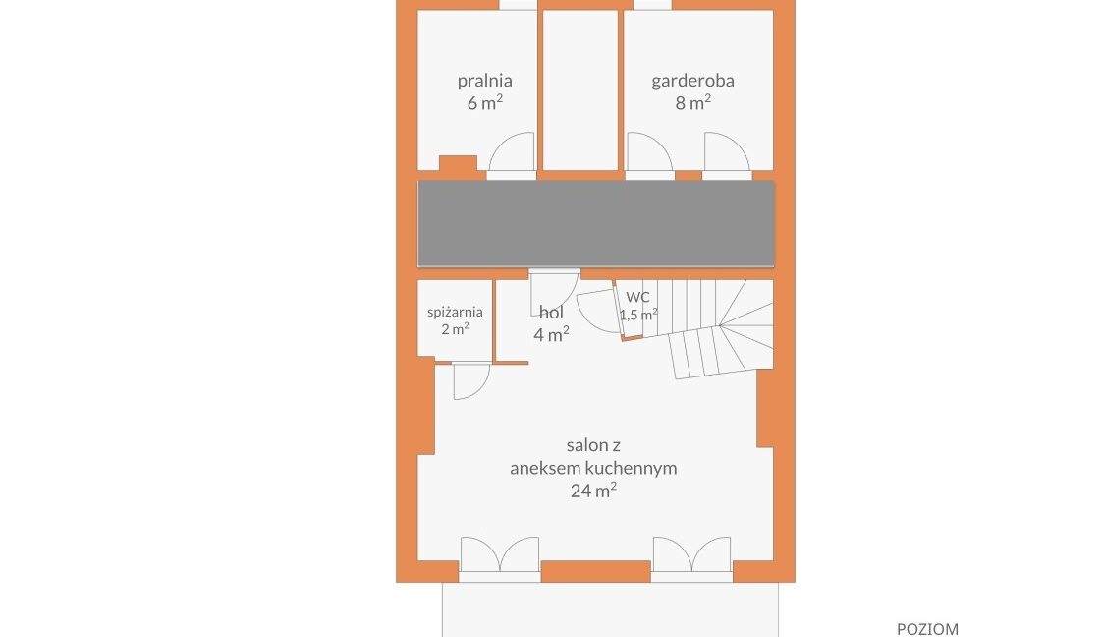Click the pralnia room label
(484, 81)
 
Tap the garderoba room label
(692, 81)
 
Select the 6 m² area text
(484, 103)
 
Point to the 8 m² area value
(692, 103)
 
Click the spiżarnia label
(455, 312)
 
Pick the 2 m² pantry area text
(455, 328)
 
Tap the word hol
(552, 313)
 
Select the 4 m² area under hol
(552, 334)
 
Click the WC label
(638, 297)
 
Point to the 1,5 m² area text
(638, 315)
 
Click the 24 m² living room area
(593, 490)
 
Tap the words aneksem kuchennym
(593, 468)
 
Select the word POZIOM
(927, 629)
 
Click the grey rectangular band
(596, 224)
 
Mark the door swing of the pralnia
(512, 152)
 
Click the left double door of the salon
(500, 554)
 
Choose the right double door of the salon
(692, 554)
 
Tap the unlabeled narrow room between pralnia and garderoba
(580, 89)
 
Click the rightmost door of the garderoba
(728, 152)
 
